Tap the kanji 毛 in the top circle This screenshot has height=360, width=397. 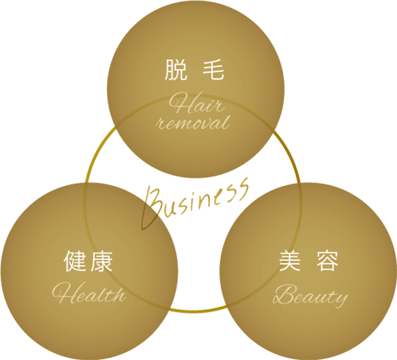pos(213,70)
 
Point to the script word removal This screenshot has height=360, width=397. pos(194,123)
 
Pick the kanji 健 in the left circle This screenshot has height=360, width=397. pos(74,261)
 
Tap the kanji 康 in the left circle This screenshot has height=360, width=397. pos(102,261)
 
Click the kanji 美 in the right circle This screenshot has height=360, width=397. pos(289,261)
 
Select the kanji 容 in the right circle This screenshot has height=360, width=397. pos(327,261)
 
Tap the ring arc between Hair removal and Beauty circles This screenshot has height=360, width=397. pos(291,157)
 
